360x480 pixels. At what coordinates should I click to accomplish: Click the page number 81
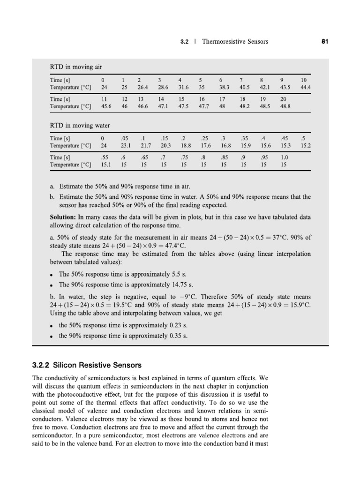[x=324, y=42]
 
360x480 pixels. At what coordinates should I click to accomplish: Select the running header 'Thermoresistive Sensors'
[x=235, y=42]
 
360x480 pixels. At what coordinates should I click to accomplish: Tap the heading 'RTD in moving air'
[x=76, y=67]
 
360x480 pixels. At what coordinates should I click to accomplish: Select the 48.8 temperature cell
[x=285, y=106]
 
